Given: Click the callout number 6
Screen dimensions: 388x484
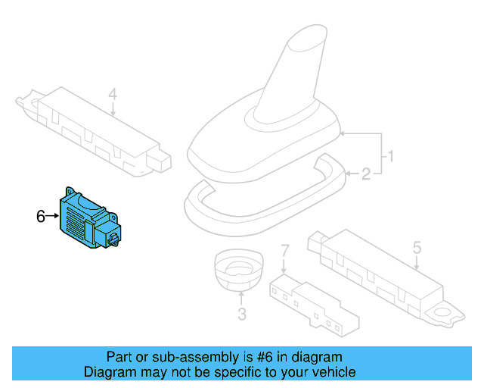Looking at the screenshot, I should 41,217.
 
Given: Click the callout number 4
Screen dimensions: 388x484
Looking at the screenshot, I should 113,95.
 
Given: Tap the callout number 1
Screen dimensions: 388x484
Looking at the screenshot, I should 391,158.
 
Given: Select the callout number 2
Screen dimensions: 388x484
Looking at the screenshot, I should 366,175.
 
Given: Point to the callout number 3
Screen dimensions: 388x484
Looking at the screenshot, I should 241,314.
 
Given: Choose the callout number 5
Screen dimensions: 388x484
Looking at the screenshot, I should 416,247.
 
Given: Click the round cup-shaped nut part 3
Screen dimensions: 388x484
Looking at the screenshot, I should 238,269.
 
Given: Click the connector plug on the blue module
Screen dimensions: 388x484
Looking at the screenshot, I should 113,237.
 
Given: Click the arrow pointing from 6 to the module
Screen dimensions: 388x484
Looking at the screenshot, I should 53,217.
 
